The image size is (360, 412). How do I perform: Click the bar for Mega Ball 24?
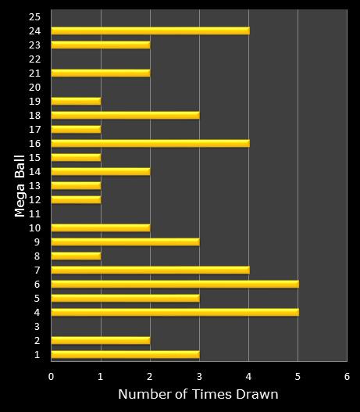[x=150, y=30]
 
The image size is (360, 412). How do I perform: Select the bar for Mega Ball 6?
[x=174, y=284]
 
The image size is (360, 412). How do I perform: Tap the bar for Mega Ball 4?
[x=174, y=312]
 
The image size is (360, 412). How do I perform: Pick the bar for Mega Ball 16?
[x=150, y=143]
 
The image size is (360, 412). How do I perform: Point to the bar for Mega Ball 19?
[x=76, y=101]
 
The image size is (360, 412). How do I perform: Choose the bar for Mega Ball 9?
[x=125, y=242]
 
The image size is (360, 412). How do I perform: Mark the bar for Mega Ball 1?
[x=125, y=354]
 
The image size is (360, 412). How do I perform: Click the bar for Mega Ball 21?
[x=100, y=73]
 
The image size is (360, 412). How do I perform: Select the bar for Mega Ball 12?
[x=76, y=199]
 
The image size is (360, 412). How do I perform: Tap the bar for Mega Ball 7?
[x=150, y=270]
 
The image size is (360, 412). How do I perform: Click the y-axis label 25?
[x=34, y=16]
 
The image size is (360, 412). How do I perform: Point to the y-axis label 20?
[x=34, y=87]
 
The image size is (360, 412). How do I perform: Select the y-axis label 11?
[x=34, y=213]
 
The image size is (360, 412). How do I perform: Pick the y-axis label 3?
[x=37, y=326]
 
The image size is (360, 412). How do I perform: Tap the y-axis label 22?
[x=34, y=59]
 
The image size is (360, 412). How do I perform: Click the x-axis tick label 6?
[x=347, y=375]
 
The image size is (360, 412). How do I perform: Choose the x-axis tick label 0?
[x=51, y=375]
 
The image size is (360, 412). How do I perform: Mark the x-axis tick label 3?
[x=199, y=375]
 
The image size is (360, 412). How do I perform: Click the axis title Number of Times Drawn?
[x=198, y=395]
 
